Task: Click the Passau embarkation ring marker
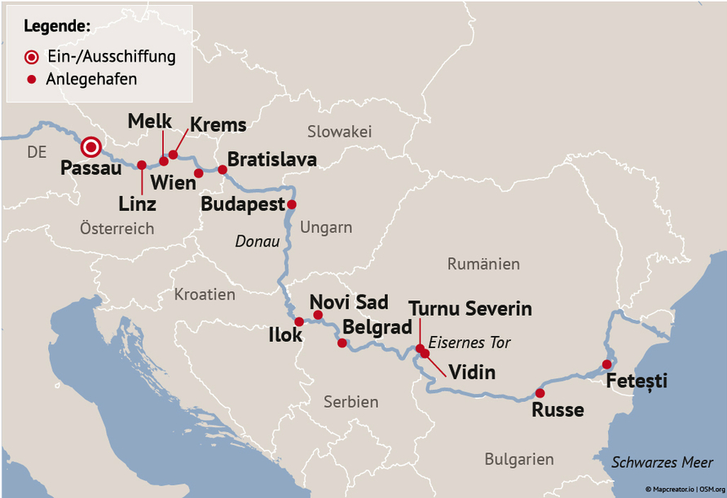point(91,147)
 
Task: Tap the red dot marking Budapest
point(292,204)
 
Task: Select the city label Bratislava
point(271,159)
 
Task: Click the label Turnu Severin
point(470,308)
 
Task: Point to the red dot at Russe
point(540,393)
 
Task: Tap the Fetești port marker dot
point(606,364)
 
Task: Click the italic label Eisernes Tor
point(469,343)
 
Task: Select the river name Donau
point(257,242)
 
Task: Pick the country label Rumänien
point(483,264)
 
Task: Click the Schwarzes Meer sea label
point(663,462)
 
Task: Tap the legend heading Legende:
point(57,26)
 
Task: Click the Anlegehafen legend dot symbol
point(32,80)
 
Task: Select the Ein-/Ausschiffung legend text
point(112,57)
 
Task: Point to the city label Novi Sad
point(349,302)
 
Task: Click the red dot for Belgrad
point(342,343)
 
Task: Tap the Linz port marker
point(142,165)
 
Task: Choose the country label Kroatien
point(204,295)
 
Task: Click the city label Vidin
point(473,373)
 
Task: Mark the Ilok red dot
point(299,321)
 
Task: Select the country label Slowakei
point(339,132)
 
